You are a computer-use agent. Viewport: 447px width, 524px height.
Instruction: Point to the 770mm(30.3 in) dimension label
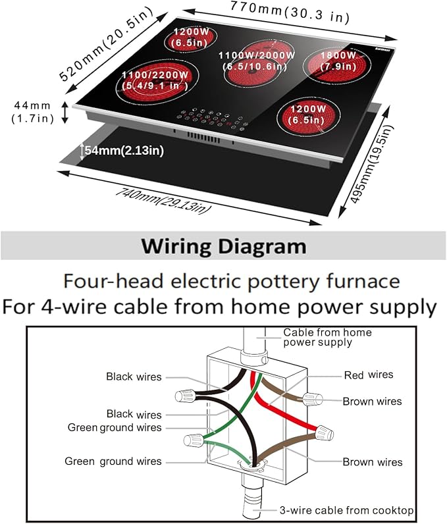point(289,12)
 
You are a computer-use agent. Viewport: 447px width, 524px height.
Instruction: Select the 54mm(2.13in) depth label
point(122,151)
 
